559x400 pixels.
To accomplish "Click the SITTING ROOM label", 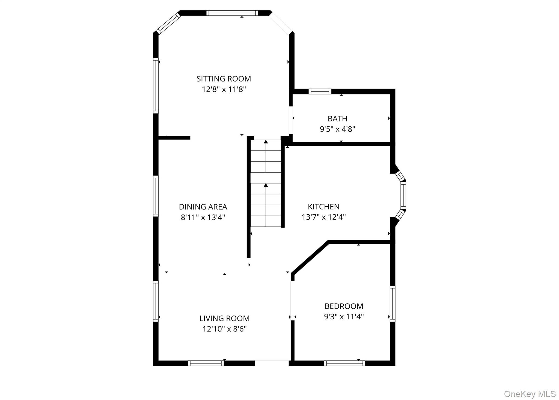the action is [x=224, y=79].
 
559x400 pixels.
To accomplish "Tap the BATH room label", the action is [x=337, y=119].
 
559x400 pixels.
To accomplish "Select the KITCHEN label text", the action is [x=323, y=207].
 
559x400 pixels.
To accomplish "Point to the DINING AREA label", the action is [x=203, y=207].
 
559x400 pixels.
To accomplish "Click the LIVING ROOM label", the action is [x=224, y=318].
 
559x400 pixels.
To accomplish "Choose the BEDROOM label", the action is [x=344, y=306].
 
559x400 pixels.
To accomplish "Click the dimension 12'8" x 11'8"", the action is [x=224, y=89].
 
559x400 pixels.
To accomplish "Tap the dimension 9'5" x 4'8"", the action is [x=337, y=129].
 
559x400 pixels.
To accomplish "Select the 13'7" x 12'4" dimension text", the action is [x=323, y=217].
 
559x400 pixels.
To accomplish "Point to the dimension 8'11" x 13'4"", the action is [x=203, y=217].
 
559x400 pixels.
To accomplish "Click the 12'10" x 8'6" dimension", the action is [x=224, y=329].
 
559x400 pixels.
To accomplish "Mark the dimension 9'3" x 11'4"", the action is [x=344, y=317].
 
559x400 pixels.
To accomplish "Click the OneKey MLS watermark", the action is [x=530, y=394].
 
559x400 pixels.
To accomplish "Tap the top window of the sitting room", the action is [x=232, y=13].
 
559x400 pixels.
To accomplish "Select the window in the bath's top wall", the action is [x=320, y=91].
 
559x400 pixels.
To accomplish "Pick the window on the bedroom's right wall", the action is [x=393, y=304].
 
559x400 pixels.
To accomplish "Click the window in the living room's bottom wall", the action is [x=206, y=363].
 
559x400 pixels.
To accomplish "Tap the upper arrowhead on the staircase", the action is [x=266, y=141].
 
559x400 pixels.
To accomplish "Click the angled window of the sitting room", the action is [x=169, y=24].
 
